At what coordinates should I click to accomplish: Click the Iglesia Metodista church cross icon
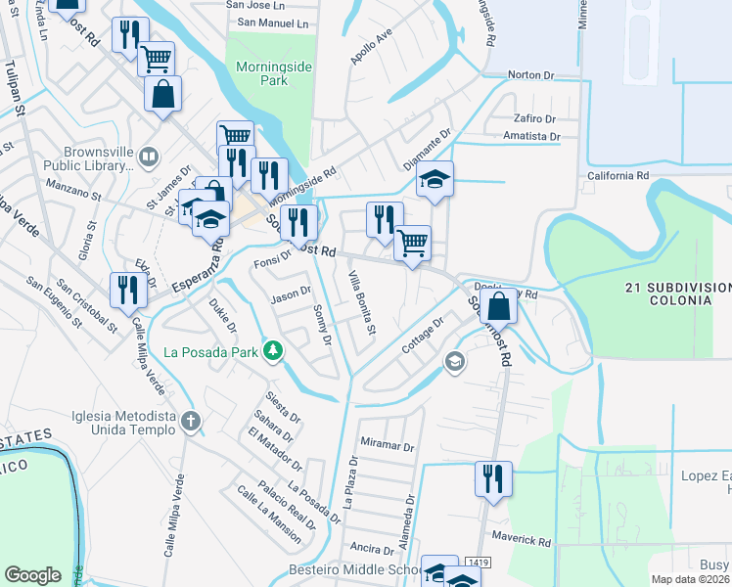pos(191,421)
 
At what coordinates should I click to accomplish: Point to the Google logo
pos(32,575)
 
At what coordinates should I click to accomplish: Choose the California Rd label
pos(618,176)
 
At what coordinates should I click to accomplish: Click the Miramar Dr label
pos(388,445)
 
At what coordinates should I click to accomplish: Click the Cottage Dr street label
pos(423,336)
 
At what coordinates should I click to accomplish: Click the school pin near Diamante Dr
pos(435,180)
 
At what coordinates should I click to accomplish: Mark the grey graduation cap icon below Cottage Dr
pos(454,362)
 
